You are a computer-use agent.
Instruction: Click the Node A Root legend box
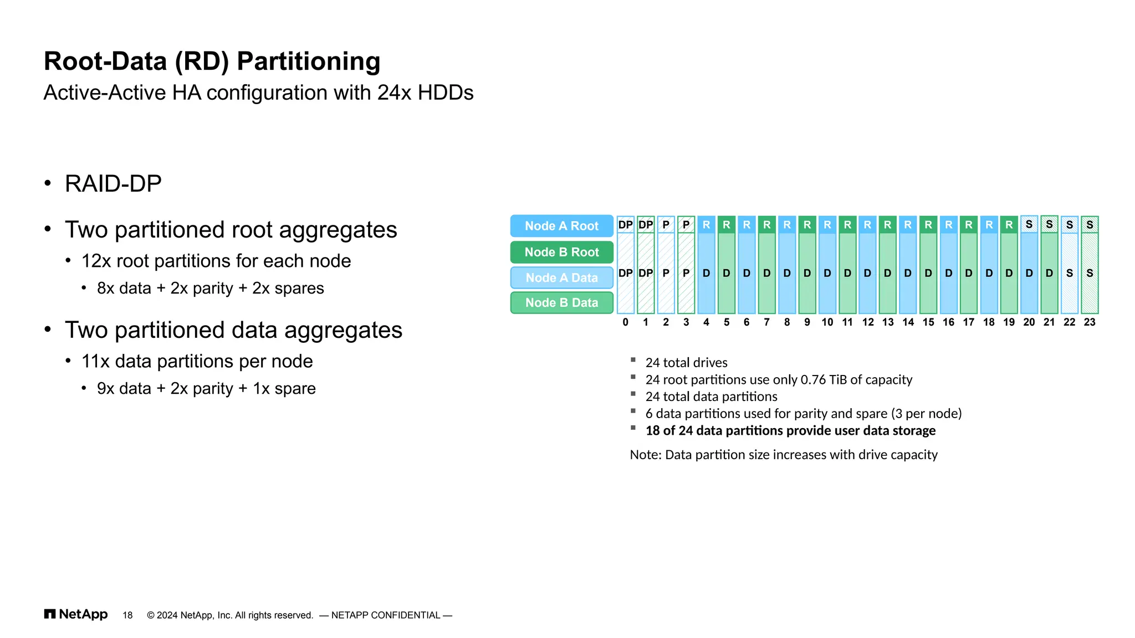coord(561,226)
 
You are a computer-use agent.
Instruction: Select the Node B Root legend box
coord(561,252)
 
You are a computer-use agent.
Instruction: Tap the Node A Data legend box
coord(561,277)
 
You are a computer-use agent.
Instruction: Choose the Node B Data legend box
coord(561,302)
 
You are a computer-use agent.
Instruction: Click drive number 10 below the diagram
coord(827,322)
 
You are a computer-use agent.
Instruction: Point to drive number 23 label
coord(1090,322)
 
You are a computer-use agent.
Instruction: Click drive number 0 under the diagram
coord(625,322)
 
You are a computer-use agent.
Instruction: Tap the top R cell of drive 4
coord(706,225)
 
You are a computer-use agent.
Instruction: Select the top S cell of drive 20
coord(1029,224)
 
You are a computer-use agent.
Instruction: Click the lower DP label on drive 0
coord(625,273)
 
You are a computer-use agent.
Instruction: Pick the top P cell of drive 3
coord(686,225)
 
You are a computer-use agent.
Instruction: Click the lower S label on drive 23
coord(1090,273)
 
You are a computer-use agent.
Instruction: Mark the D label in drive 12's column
coord(867,273)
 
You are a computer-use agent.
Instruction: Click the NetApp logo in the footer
coord(76,614)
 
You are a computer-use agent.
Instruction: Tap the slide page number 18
coord(127,615)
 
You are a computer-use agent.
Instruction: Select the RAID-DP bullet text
coord(113,183)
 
